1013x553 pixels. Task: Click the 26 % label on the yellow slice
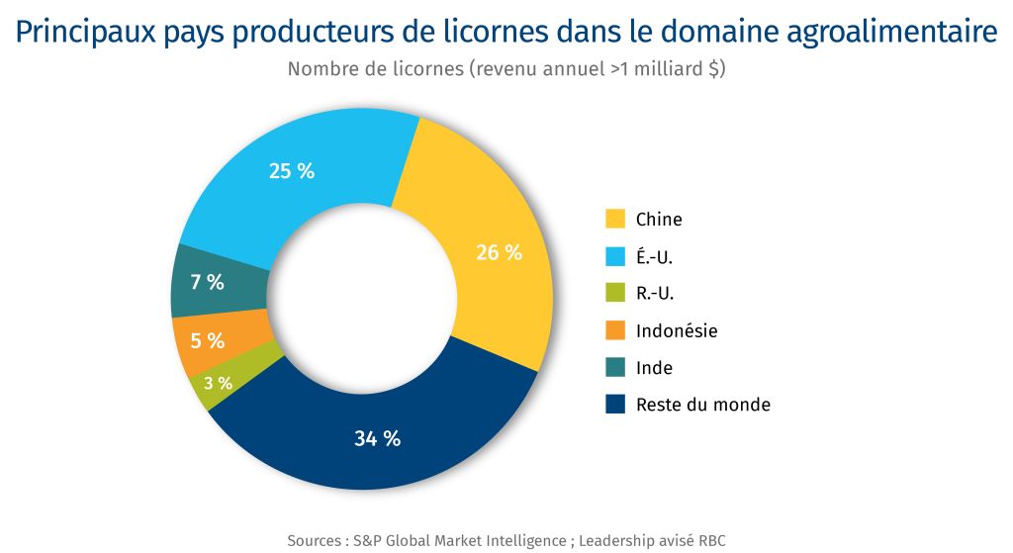point(498,252)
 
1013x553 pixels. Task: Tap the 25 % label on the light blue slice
point(291,171)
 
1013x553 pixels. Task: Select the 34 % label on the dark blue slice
point(377,439)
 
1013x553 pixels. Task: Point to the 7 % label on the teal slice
point(207,282)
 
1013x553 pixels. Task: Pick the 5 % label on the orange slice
point(207,341)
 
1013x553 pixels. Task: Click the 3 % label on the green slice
point(218,383)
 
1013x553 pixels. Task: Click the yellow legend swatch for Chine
point(614,219)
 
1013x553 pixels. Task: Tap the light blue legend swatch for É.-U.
point(614,256)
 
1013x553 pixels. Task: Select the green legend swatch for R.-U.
point(614,293)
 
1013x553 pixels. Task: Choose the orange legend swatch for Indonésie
point(614,330)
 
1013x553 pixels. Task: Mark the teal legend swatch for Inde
point(614,367)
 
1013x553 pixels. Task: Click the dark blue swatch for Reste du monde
point(614,405)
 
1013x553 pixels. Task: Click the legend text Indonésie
point(677,330)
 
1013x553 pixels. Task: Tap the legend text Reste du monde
point(702,405)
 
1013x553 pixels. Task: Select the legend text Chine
point(659,220)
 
